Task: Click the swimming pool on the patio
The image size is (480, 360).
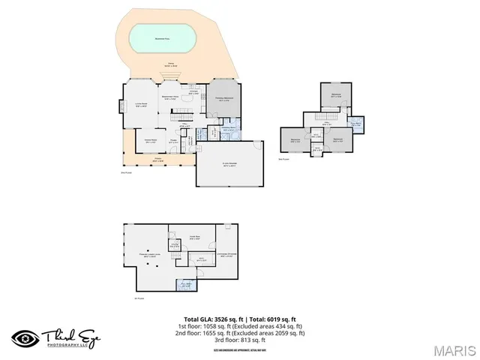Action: pyautogui.click(x=162, y=36)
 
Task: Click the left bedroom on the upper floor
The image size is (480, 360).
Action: pyautogui.click(x=295, y=139)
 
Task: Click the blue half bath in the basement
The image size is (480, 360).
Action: pyautogui.click(x=185, y=284)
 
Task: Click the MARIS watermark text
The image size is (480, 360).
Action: pyautogui.click(x=454, y=350)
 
